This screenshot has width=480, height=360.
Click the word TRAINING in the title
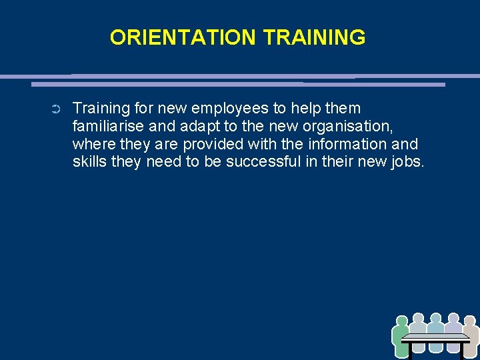pyautogui.click(x=314, y=37)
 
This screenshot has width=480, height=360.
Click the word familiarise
pyautogui.click(x=105, y=127)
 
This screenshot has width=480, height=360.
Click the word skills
pyautogui.click(x=90, y=161)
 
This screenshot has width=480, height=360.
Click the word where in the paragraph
pyautogui.click(x=91, y=144)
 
